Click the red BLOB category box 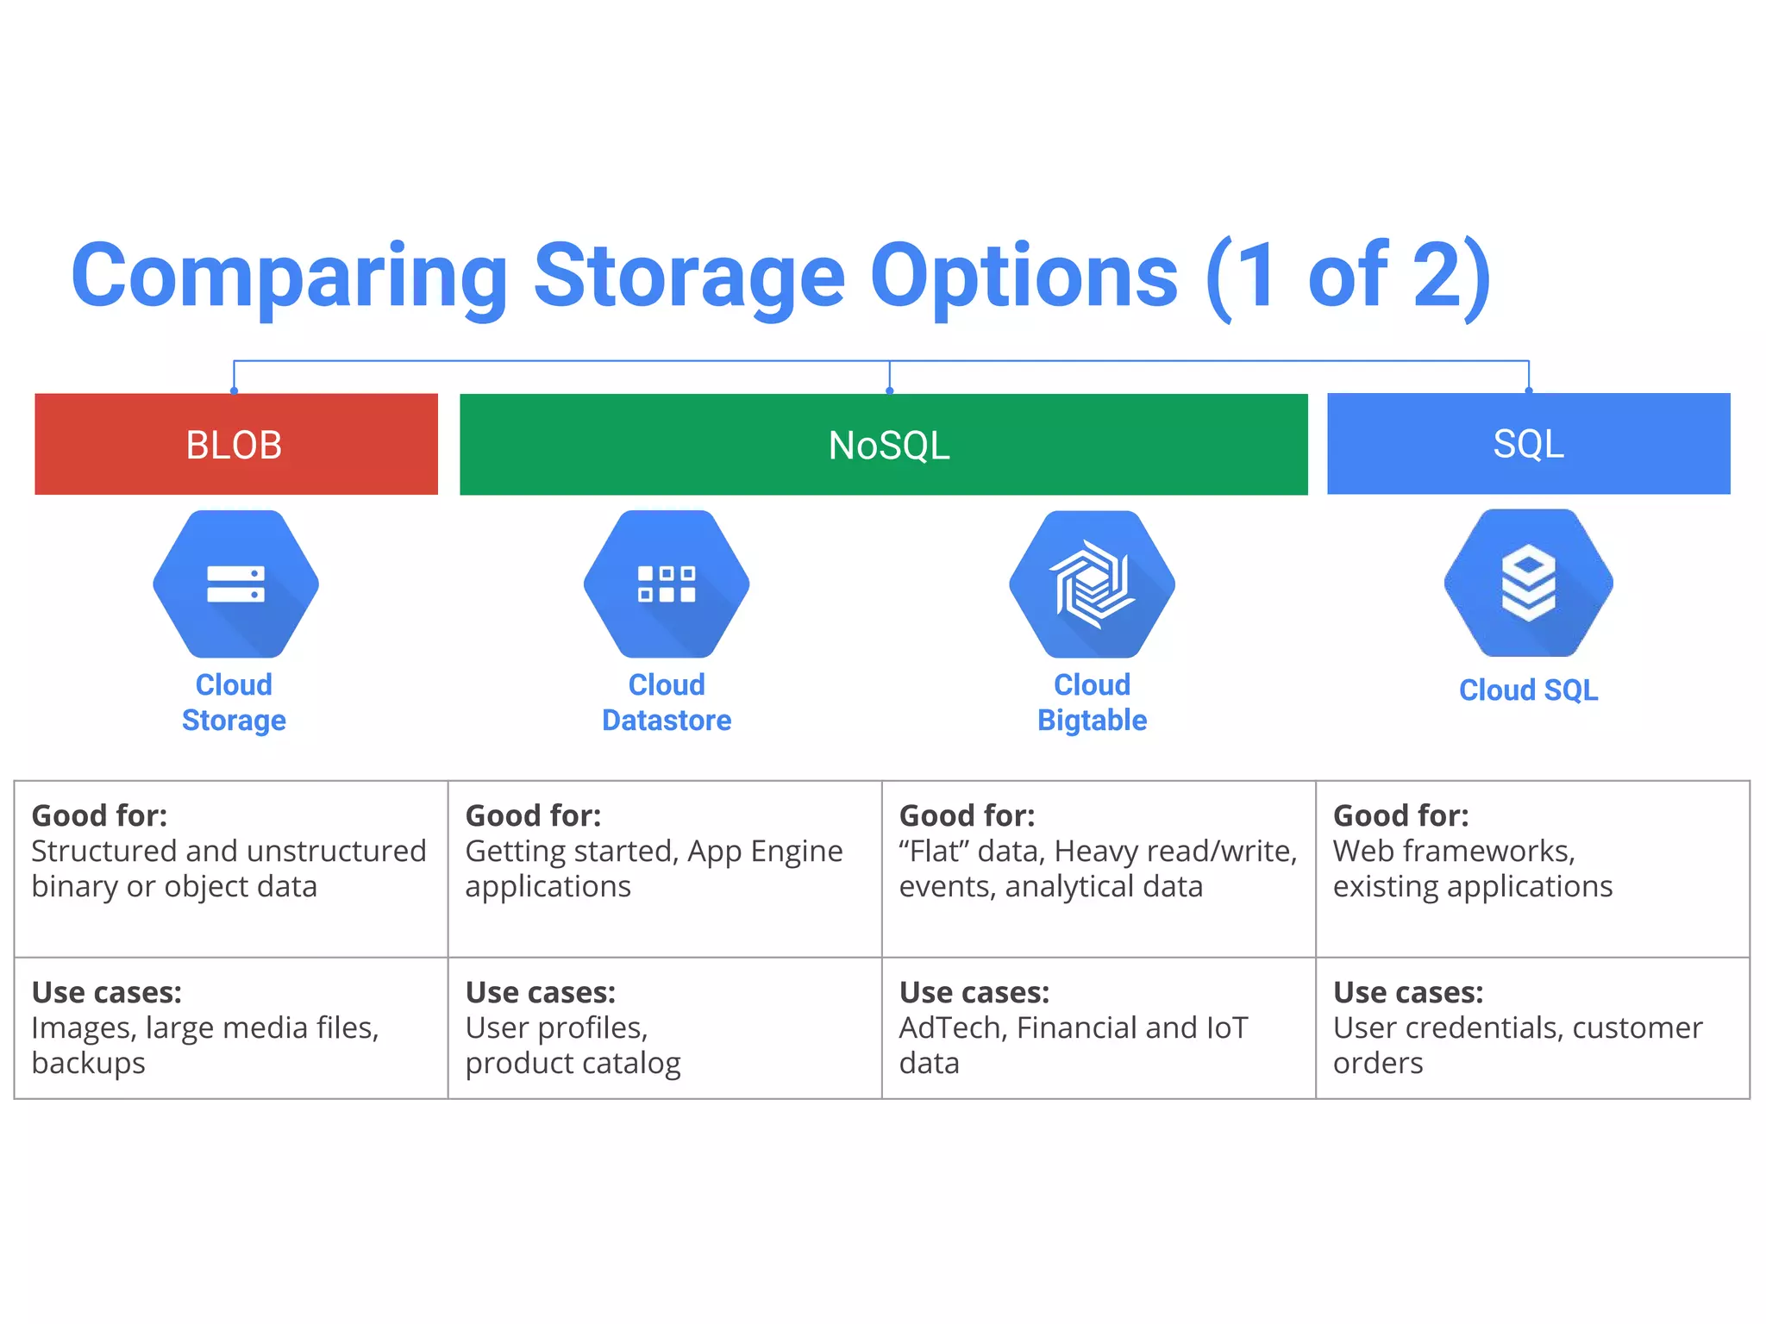click(235, 444)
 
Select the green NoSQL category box click(883, 445)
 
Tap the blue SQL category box click(1528, 443)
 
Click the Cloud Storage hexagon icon click(235, 584)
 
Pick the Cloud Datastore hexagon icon click(667, 584)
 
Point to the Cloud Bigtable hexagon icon click(1092, 584)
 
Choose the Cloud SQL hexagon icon click(1528, 584)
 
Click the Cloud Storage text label click(234, 703)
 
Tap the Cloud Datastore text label click(667, 703)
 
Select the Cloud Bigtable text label click(1092, 703)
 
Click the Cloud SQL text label click(1528, 690)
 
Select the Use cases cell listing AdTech click(1098, 1027)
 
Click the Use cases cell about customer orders click(1531, 1027)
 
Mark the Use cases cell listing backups click(230, 1027)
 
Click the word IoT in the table click(1226, 1028)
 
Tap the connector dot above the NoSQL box click(889, 390)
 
